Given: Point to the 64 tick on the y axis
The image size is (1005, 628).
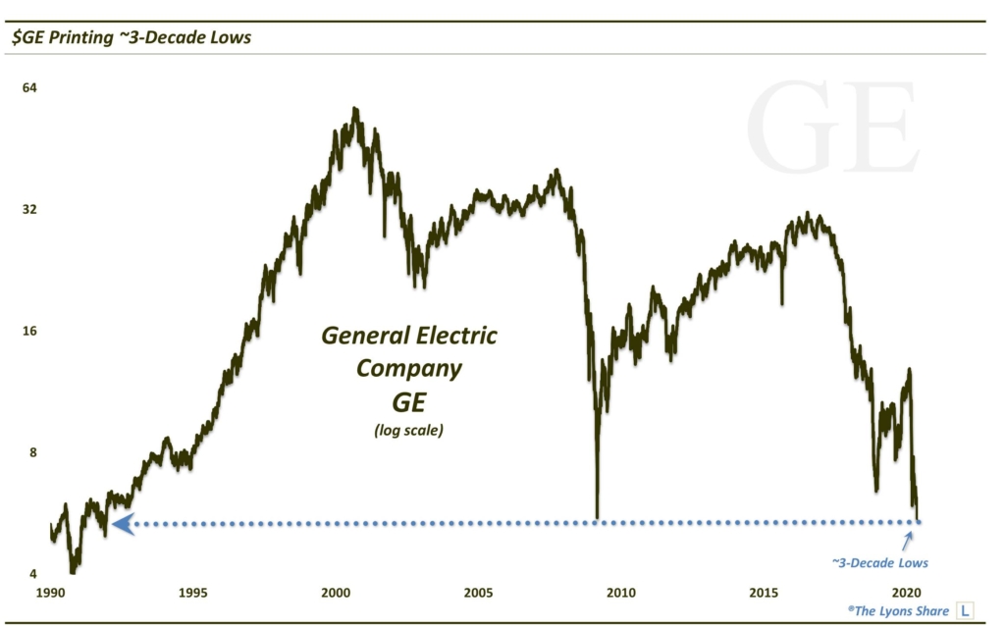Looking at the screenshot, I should pyautogui.click(x=29, y=88).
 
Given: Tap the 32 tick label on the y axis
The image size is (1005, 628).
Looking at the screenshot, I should pyautogui.click(x=29, y=210).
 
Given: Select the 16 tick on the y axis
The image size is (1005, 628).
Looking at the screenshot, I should pyautogui.click(x=29, y=332).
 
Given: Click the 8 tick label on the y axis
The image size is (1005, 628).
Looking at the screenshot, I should pyautogui.click(x=32, y=452).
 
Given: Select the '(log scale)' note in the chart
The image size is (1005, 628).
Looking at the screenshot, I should pyautogui.click(x=408, y=430).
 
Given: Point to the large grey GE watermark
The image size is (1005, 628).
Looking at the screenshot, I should pyautogui.click(x=832, y=131).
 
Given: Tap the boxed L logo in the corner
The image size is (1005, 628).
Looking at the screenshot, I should pyautogui.click(x=964, y=610).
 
